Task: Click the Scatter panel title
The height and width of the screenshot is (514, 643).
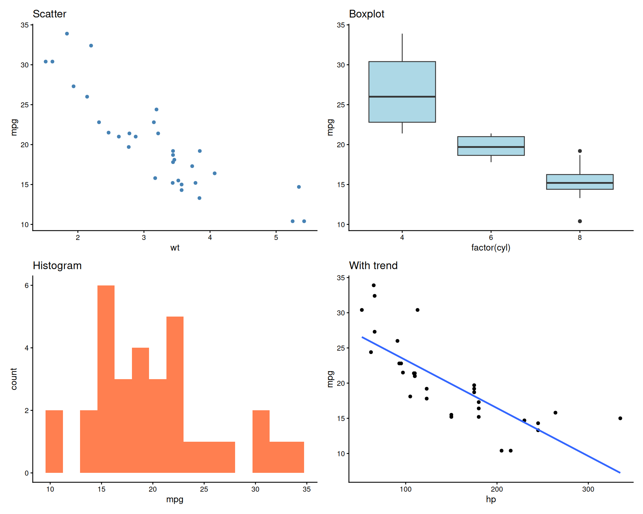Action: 50,14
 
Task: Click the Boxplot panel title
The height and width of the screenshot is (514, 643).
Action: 366,14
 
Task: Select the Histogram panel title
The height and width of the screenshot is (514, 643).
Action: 57,266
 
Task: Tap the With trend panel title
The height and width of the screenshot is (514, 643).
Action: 373,266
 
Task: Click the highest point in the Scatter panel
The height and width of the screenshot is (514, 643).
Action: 67,34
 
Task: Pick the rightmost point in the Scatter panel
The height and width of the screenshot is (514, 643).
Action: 304,221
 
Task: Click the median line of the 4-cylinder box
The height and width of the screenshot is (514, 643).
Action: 402,97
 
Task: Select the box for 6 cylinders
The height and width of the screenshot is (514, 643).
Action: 491,146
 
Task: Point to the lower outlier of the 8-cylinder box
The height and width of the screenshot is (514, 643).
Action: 580,221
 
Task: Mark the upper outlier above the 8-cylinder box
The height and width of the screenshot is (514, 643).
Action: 580,151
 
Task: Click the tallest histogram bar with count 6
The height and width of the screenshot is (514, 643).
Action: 106,378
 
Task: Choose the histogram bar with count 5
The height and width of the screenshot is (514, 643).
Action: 175,395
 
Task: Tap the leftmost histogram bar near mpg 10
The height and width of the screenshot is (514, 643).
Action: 54,442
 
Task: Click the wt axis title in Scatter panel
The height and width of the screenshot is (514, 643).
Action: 175,248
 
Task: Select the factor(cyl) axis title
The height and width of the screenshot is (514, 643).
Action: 491,248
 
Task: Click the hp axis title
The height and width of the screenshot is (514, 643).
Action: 491,500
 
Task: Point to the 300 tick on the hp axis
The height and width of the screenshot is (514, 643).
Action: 588,489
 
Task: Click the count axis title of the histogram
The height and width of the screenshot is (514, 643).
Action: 14,379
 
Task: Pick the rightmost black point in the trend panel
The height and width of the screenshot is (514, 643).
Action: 620,418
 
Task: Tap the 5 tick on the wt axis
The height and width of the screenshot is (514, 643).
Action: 276,238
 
